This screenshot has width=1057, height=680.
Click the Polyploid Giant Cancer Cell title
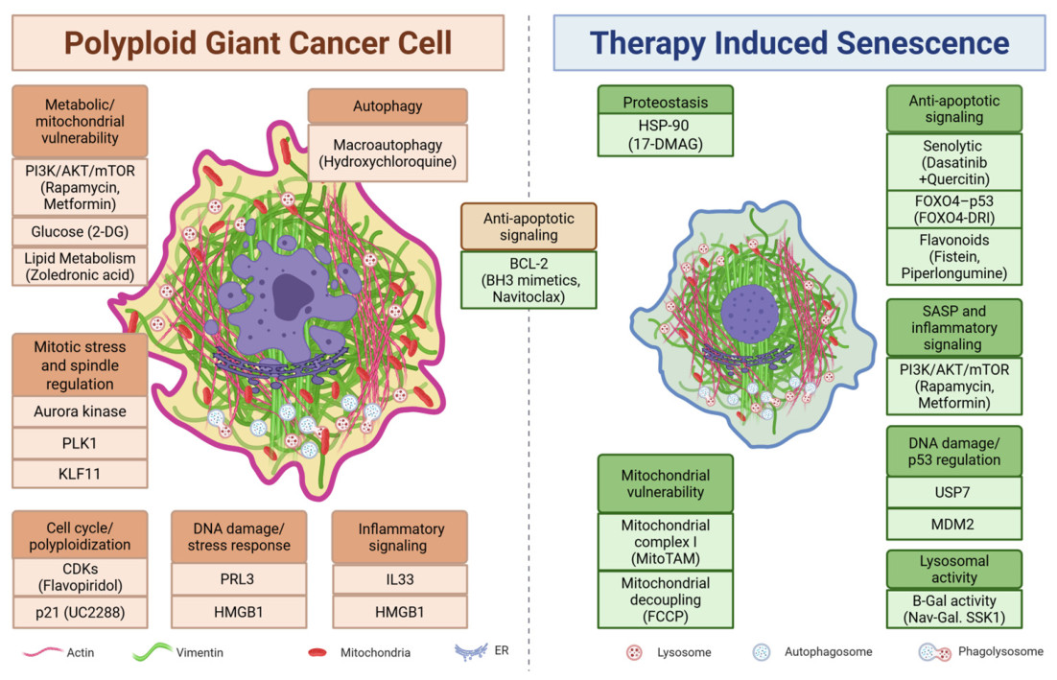pos(258,43)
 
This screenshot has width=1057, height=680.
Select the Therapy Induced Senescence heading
pos(800,43)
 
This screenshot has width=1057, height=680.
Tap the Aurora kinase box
pos(80,411)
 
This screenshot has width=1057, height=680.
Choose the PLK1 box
pos(80,443)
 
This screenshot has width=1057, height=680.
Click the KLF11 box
pos(80,474)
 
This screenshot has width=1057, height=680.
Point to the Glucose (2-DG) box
pos(80,232)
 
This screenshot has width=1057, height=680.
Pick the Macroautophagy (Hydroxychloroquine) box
pos(388,153)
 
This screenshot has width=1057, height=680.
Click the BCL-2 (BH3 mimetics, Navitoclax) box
pos(528,280)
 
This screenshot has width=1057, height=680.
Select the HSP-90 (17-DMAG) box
pos(666,135)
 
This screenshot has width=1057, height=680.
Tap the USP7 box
pos(953,493)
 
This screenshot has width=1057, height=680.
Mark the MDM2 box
pos(953,525)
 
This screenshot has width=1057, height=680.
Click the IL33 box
pos(400,579)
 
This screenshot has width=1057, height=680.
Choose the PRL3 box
pos(239,579)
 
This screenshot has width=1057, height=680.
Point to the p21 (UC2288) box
pos(80,613)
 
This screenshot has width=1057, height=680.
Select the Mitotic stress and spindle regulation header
pos(80,365)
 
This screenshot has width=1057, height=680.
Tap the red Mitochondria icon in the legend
pos(317,652)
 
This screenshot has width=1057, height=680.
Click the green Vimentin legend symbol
pos(153,651)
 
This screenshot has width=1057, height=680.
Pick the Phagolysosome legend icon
pos(935,652)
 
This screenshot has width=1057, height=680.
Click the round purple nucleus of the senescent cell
pos(750,314)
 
